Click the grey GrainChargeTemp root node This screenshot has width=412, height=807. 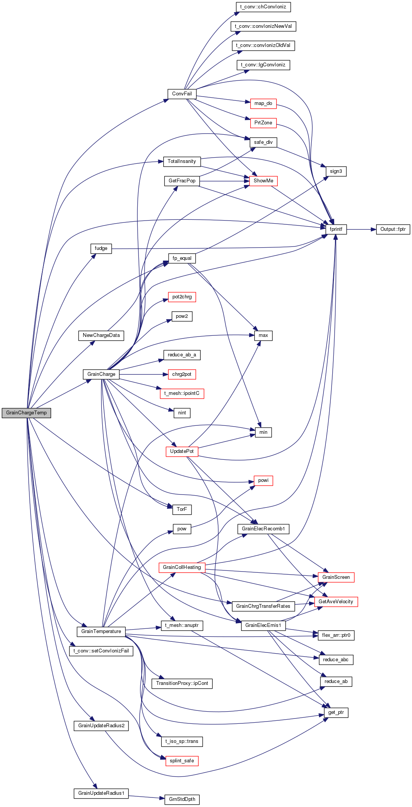(x=26, y=413)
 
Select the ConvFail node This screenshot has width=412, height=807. (x=182, y=94)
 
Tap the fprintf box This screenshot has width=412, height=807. (x=336, y=229)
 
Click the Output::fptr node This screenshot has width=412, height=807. (x=393, y=229)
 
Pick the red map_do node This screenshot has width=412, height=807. (x=263, y=103)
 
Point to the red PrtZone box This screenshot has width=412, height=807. (x=263, y=123)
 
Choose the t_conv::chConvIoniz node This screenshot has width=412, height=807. (x=263, y=7)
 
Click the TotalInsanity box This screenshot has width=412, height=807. (x=182, y=161)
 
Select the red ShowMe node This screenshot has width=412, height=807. (x=263, y=181)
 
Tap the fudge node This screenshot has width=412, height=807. (x=101, y=248)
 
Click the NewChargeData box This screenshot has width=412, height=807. (x=101, y=335)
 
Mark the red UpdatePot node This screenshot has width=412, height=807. (x=182, y=451)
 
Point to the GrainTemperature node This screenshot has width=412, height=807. (x=101, y=631)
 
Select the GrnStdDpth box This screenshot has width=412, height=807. (x=182, y=799)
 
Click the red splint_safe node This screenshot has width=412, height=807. (x=182, y=761)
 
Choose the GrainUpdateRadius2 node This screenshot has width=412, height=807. (x=101, y=726)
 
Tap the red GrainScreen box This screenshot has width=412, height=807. (x=336, y=577)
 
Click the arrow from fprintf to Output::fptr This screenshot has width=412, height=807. (x=362, y=229)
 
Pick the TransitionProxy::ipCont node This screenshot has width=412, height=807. (x=182, y=683)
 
